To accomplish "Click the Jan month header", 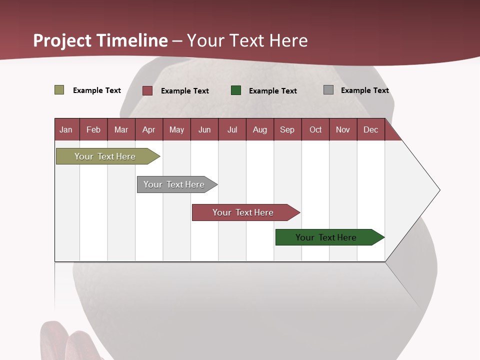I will click(x=66, y=129).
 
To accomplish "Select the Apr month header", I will click(x=149, y=129).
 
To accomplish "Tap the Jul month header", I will click(x=232, y=129).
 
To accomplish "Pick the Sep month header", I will click(x=287, y=129).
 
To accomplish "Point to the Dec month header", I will click(x=371, y=129).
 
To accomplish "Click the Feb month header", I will click(x=93, y=129).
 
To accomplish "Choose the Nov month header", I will click(x=343, y=129).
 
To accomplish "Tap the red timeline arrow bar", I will click(x=243, y=212).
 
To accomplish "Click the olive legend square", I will click(x=59, y=90).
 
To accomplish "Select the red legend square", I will click(x=147, y=90).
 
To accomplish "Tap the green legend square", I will click(x=236, y=90).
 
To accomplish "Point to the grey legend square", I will click(x=328, y=90).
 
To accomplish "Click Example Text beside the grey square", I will click(x=364, y=90).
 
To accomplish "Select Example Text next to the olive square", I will click(x=97, y=90).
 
